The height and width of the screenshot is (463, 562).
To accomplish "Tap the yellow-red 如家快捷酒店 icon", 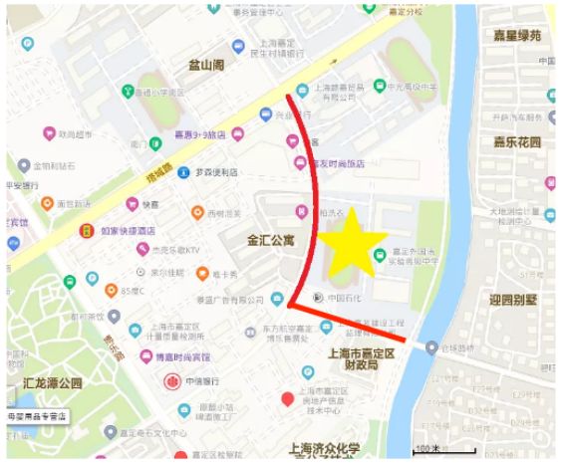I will pos(87,231).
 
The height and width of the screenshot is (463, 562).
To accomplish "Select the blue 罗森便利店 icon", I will pos(183,172).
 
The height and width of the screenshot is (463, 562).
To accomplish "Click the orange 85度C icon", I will pos(112,291).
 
